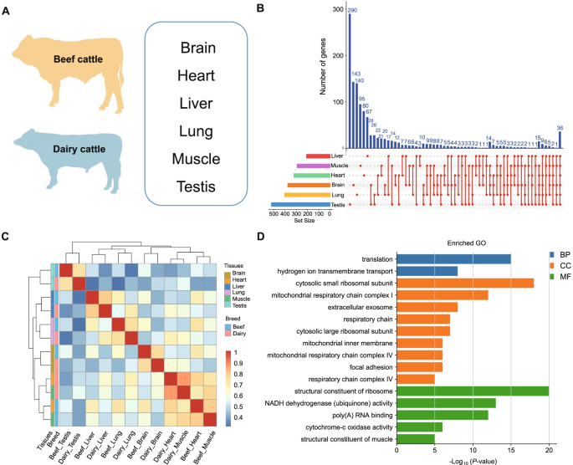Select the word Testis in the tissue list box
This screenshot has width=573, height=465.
pos(196,186)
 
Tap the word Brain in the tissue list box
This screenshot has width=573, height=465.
pos(197,48)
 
